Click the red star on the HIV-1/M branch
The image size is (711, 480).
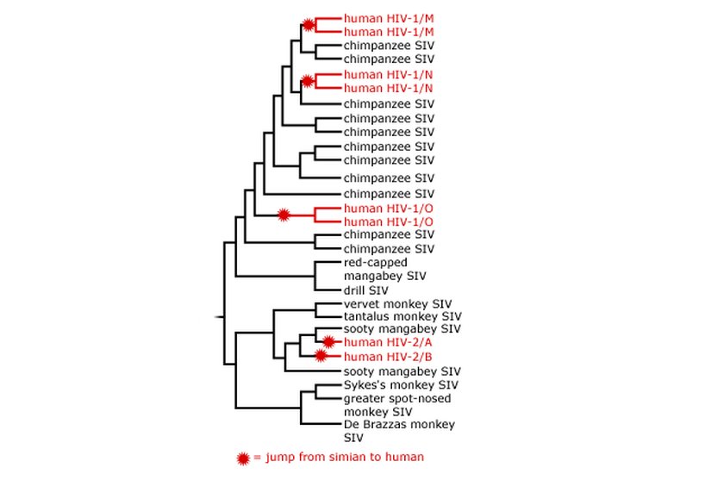(x=308, y=24)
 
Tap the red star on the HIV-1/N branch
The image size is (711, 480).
(x=308, y=81)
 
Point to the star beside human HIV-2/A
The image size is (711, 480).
(x=327, y=341)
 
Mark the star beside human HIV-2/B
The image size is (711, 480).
(x=321, y=355)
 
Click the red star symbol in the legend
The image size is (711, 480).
(x=244, y=456)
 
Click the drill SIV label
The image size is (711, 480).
(x=366, y=290)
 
